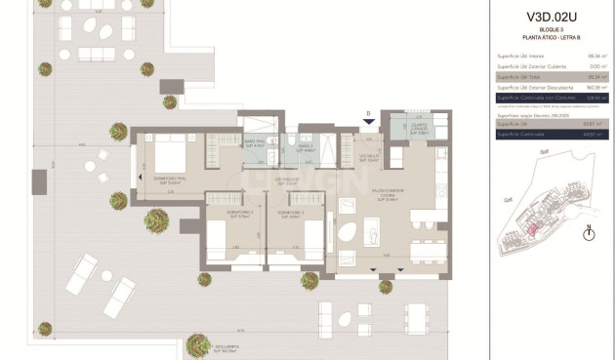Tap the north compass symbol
tap(588, 232)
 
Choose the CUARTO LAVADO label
tap(419, 127)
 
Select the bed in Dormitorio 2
tap(218, 238)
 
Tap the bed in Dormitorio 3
tap(313, 238)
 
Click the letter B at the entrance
tap(367, 113)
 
